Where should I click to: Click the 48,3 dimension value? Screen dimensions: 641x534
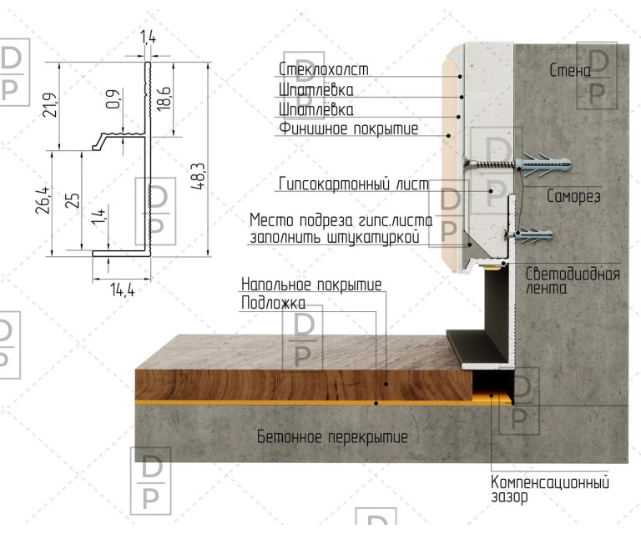point(198,176)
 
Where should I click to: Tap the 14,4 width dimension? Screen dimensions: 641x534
point(122,290)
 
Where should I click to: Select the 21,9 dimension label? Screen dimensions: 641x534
point(50,105)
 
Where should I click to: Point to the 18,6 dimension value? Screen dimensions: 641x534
point(164,98)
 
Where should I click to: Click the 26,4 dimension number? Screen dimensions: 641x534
point(43,200)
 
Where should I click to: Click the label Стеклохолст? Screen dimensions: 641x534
point(323,69)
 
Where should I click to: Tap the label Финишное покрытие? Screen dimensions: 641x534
point(349,128)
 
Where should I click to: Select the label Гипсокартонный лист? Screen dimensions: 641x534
point(354,184)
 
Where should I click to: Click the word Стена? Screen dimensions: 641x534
point(570,71)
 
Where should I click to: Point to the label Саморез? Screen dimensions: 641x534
point(573,197)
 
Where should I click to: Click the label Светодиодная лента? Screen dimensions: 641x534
point(573,281)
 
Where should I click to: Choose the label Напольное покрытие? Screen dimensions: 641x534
point(311,284)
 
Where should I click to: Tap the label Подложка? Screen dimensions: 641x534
point(273,303)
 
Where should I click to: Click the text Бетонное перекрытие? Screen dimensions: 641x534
point(332,436)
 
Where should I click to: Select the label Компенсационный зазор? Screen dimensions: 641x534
point(550,489)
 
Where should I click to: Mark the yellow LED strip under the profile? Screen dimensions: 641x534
point(492,266)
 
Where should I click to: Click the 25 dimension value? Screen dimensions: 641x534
point(73,200)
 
